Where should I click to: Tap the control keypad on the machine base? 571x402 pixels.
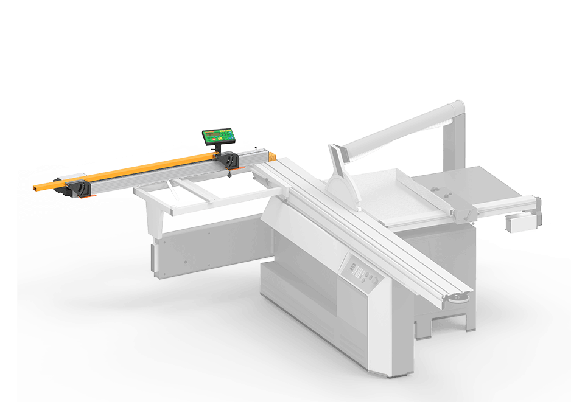pos(356,268)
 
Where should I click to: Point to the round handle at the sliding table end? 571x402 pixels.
pos(458,297)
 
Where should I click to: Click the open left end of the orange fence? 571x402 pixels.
pos(38,184)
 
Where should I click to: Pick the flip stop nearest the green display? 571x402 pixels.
pos(230,161)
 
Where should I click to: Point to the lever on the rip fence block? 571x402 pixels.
pos(466,214)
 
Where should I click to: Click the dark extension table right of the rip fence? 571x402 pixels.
pos(487,185)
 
